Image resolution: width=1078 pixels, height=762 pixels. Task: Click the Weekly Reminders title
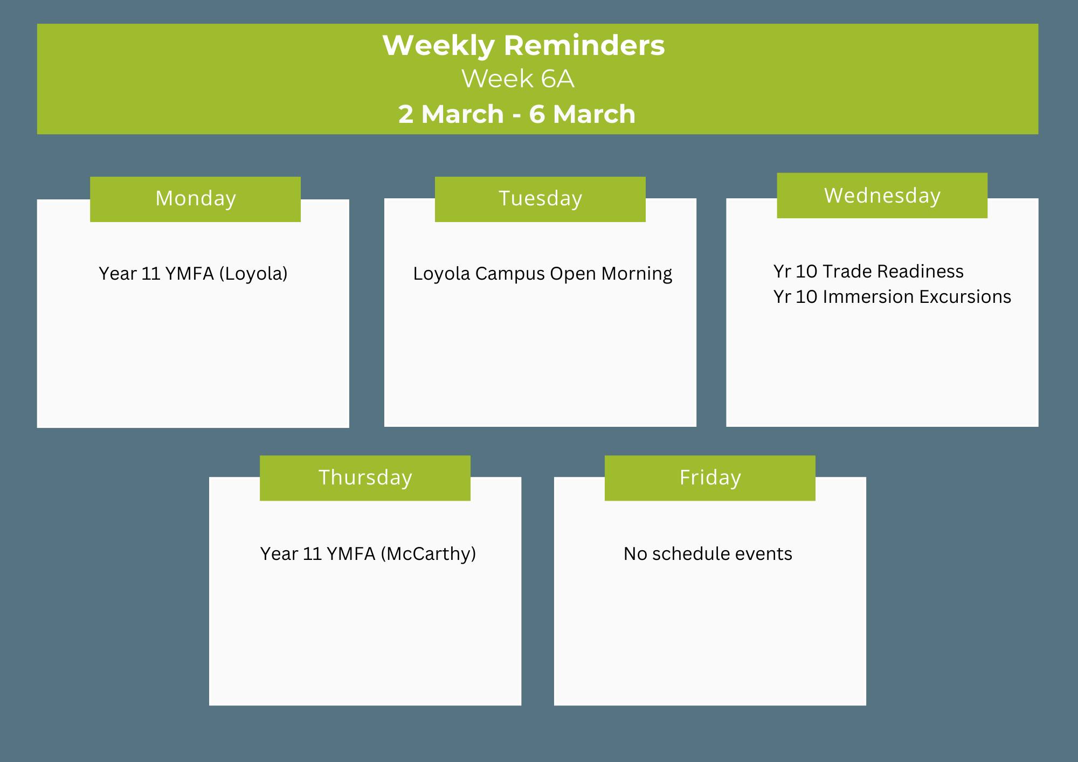tap(523, 45)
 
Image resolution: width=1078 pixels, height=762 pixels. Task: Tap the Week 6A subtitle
tap(518, 79)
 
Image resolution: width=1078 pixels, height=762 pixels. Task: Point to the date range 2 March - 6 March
tap(517, 114)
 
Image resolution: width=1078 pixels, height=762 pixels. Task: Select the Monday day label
tap(196, 199)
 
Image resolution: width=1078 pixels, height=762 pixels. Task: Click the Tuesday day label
tap(540, 199)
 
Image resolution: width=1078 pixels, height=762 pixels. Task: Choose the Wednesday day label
tap(882, 195)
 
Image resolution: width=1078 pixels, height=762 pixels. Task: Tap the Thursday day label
tap(365, 478)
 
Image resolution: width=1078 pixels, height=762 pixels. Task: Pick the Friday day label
tap(710, 477)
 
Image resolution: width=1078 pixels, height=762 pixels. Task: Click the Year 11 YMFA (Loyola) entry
tap(193, 274)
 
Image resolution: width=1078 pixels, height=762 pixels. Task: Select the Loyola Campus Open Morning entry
tap(542, 274)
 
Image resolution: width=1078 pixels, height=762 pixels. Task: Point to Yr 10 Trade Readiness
tap(868, 271)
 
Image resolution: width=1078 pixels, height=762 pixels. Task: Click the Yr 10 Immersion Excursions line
tap(892, 297)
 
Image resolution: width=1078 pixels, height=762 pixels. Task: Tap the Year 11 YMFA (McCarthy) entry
tap(368, 554)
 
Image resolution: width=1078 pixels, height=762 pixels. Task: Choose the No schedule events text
tap(708, 554)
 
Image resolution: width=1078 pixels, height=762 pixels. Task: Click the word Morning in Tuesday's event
tap(637, 274)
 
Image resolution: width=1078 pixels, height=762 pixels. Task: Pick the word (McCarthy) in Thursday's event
tap(428, 554)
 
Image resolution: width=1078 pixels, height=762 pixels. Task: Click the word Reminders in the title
tap(584, 45)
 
